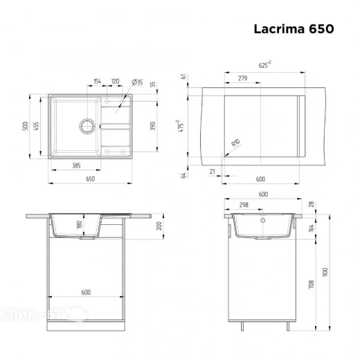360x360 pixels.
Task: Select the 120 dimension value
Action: [114, 82]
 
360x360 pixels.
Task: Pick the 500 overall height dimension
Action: [25, 127]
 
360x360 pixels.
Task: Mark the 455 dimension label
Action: [37, 127]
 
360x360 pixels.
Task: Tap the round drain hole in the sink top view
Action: [87, 126]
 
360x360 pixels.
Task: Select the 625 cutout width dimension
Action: [264, 64]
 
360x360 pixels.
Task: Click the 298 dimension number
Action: [243, 206]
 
